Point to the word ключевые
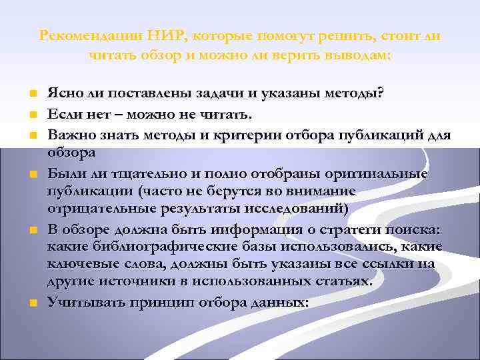tap(77, 264)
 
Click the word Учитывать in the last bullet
tap(81, 301)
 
